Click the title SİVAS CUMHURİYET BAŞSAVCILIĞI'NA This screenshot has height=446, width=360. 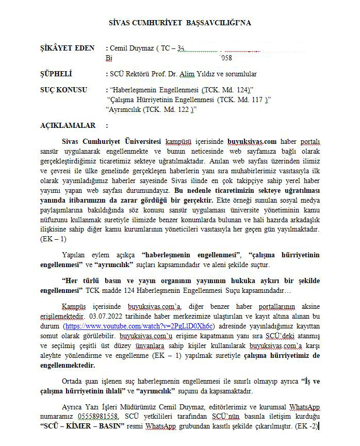coord(180,23)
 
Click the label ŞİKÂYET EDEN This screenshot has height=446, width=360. coord(67,48)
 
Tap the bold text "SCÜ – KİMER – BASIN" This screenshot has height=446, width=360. coord(82,426)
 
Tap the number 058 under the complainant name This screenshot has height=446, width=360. coord(226,58)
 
